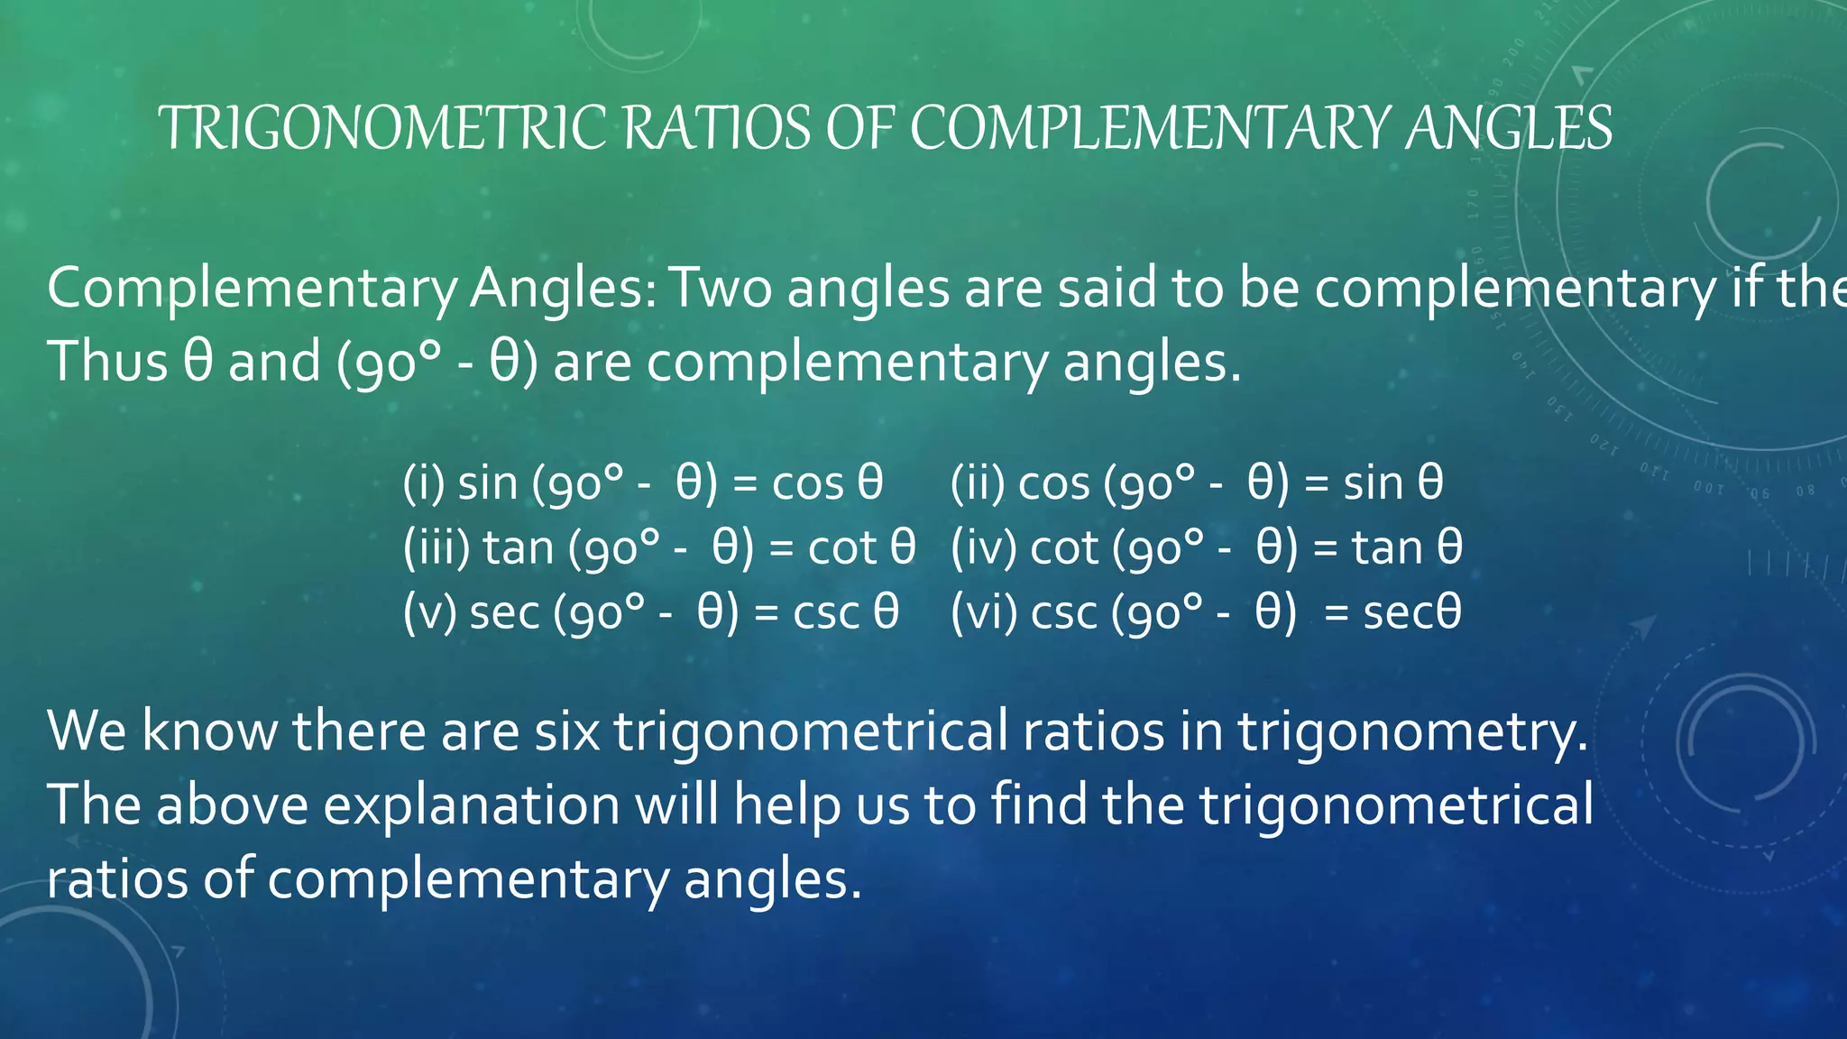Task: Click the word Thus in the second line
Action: pyautogui.click(x=106, y=362)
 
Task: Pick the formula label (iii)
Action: pyautogui.click(x=436, y=548)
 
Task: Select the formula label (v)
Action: pyautogui.click(x=430, y=613)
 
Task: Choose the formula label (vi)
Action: pyautogui.click(x=984, y=613)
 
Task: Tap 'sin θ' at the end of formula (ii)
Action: pyautogui.click(x=1393, y=483)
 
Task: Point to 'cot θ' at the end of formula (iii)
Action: pyautogui.click(x=861, y=548)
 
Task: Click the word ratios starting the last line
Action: pyautogui.click(x=117, y=879)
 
